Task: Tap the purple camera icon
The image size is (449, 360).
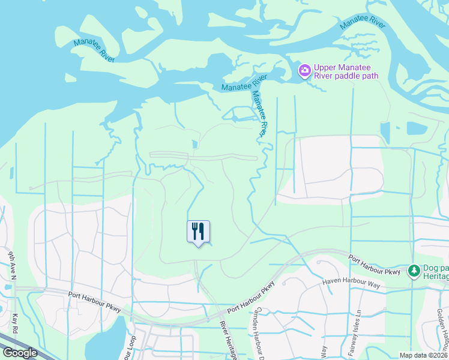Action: (x=304, y=71)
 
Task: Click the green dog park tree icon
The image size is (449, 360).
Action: (x=414, y=271)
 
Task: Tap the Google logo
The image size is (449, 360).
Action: (x=20, y=353)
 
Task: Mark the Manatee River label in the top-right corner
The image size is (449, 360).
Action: (x=362, y=23)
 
